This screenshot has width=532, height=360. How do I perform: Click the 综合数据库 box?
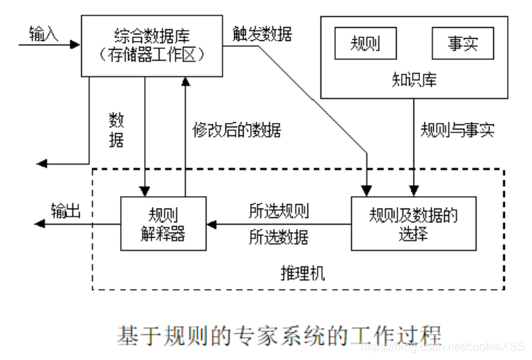[x=151, y=45]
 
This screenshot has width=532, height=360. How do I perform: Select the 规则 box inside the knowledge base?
[x=366, y=44]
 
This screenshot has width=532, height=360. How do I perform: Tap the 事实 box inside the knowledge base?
[x=462, y=44]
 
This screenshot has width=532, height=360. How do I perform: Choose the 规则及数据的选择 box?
[x=413, y=223]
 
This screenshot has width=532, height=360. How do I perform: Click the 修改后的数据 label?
[x=236, y=130]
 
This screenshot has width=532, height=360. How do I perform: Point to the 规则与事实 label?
[x=457, y=130]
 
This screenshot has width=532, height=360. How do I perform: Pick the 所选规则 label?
[x=279, y=211]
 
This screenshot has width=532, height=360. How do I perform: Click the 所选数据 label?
[x=279, y=237]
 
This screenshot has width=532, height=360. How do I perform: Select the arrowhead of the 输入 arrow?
[x=75, y=45]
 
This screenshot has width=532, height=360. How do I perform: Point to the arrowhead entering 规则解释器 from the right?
[x=211, y=223]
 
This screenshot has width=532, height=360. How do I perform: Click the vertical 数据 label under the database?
[x=116, y=130]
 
